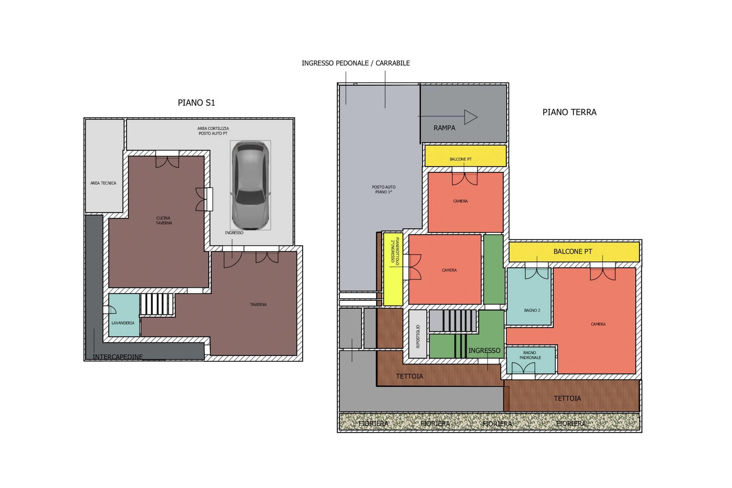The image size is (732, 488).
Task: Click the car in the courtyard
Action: (250, 185)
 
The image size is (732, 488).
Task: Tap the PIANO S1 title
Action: (197, 103)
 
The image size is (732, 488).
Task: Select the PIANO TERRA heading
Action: (569, 112)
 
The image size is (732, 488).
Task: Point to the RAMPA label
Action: (444, 128)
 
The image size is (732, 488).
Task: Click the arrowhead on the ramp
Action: (471, 117)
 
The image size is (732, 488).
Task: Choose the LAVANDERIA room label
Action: (123, 323)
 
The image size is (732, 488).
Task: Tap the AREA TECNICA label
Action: (103, 183)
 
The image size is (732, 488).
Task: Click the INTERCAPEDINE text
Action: (118, 357)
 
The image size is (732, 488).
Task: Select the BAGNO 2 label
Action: (532, 310)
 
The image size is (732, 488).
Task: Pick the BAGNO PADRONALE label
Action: (530, 355)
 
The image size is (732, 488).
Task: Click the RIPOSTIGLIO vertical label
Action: (418, 337)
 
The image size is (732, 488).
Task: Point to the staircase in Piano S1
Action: (157, 304)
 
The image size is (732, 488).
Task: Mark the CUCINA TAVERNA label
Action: (164, 221)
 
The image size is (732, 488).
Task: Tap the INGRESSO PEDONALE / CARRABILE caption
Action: (356, 63)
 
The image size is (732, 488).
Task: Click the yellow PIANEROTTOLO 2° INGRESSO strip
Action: (393, 269)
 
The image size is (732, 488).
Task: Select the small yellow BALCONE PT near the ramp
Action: (465, 156)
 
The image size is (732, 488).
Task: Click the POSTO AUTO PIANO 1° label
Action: (384, 189)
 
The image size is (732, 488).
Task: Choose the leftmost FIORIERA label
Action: (373, 424)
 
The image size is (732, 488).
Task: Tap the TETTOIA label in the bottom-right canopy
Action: (567, 399)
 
